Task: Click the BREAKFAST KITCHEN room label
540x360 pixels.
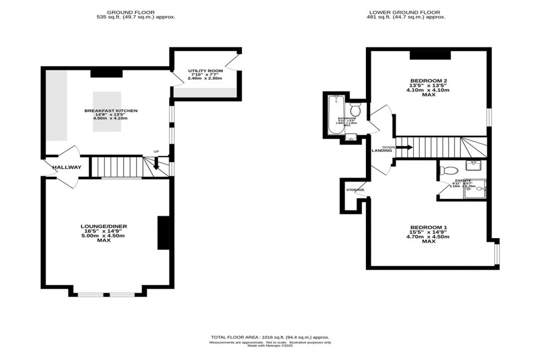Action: [111, 111]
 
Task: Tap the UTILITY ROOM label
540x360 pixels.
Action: [205, 71]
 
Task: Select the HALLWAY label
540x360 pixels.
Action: [67, 168]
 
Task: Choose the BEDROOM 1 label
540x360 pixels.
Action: [428, 227]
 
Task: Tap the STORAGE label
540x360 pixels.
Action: [355, 190]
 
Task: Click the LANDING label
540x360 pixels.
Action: [381, 151]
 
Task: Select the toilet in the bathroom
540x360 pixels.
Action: [355, 110]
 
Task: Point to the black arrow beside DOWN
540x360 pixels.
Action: [405, 147]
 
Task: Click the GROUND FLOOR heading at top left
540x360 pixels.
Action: [131, 12]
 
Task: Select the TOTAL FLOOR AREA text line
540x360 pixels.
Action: [269, 337]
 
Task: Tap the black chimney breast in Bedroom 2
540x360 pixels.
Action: [430, 55]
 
